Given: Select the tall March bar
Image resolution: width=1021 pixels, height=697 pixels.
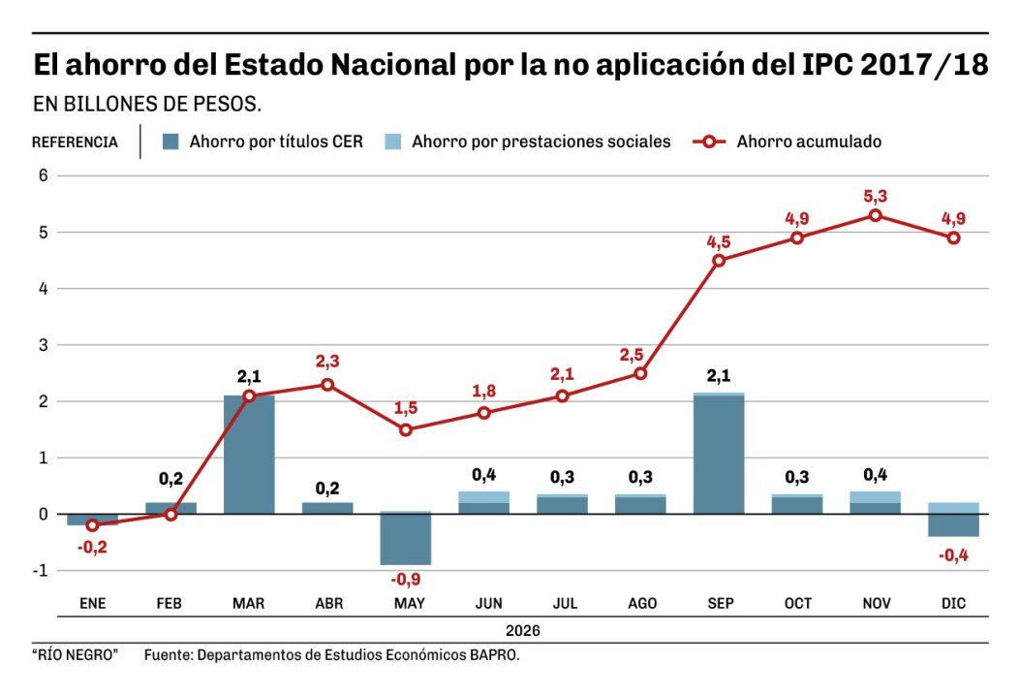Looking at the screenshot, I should coord(249,454).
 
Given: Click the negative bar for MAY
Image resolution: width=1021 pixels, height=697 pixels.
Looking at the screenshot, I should coord(405,539).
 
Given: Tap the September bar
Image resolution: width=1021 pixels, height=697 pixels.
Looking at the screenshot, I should coord(719,454).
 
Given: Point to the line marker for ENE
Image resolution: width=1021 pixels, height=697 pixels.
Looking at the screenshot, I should coord(92,524).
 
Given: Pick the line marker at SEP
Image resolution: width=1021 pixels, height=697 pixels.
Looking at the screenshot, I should coord(719,260).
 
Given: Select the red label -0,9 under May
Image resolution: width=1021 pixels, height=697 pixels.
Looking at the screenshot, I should coord(405,580).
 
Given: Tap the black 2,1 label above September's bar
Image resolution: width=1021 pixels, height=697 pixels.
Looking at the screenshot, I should coord(719,376).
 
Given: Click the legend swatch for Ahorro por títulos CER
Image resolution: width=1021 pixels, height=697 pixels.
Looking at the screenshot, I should coord(170,142).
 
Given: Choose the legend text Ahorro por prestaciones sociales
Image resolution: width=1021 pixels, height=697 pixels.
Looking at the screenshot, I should coord(541,142).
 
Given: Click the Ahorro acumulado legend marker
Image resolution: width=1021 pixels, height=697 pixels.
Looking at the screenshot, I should coord(710,142).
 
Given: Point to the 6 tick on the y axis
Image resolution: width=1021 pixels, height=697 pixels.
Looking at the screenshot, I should coord(43,175).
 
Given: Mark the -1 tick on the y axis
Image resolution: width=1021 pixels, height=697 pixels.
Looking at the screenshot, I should coord(40,570).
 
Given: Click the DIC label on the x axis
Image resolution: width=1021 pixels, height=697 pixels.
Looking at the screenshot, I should coord(953,604).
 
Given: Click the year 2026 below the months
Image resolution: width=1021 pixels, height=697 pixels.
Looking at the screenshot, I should coord(522,629).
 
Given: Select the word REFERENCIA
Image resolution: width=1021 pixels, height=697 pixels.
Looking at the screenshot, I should coord(75,143).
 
